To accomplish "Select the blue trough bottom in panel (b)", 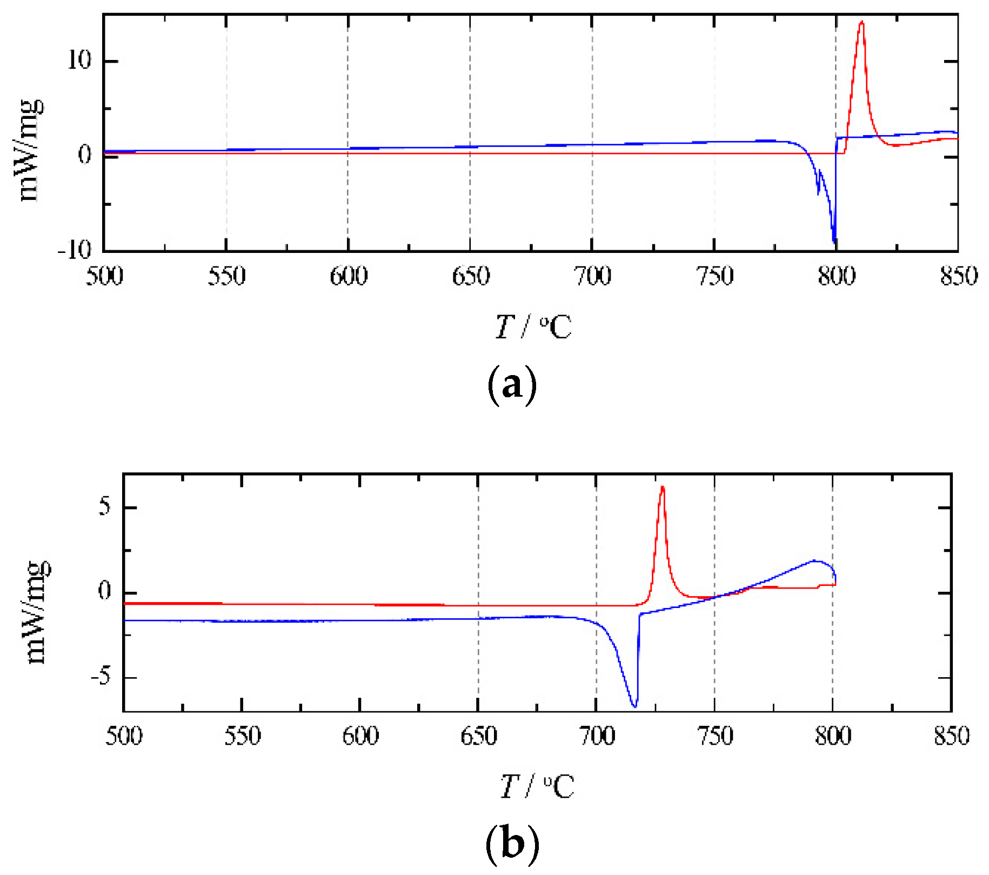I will click(x=635, y=706).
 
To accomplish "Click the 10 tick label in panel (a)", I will click(x=79, y=61).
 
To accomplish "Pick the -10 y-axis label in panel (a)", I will click(x=75, y=250).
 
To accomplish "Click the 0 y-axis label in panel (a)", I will click(x=85, y=156).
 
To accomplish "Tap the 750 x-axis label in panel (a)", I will click(x=714, y=277).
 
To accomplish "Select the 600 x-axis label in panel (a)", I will click(x=349, y=277).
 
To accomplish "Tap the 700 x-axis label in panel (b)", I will click(x=597, y=736).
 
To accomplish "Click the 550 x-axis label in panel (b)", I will click(x=242, y=736).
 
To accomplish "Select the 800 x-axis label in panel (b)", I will click(x=833, y=736).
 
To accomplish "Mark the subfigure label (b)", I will click(x=512, y=844).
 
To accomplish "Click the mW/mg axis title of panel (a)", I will click(x=30, y=150).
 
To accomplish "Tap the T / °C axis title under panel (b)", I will click(x=537, y=786).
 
